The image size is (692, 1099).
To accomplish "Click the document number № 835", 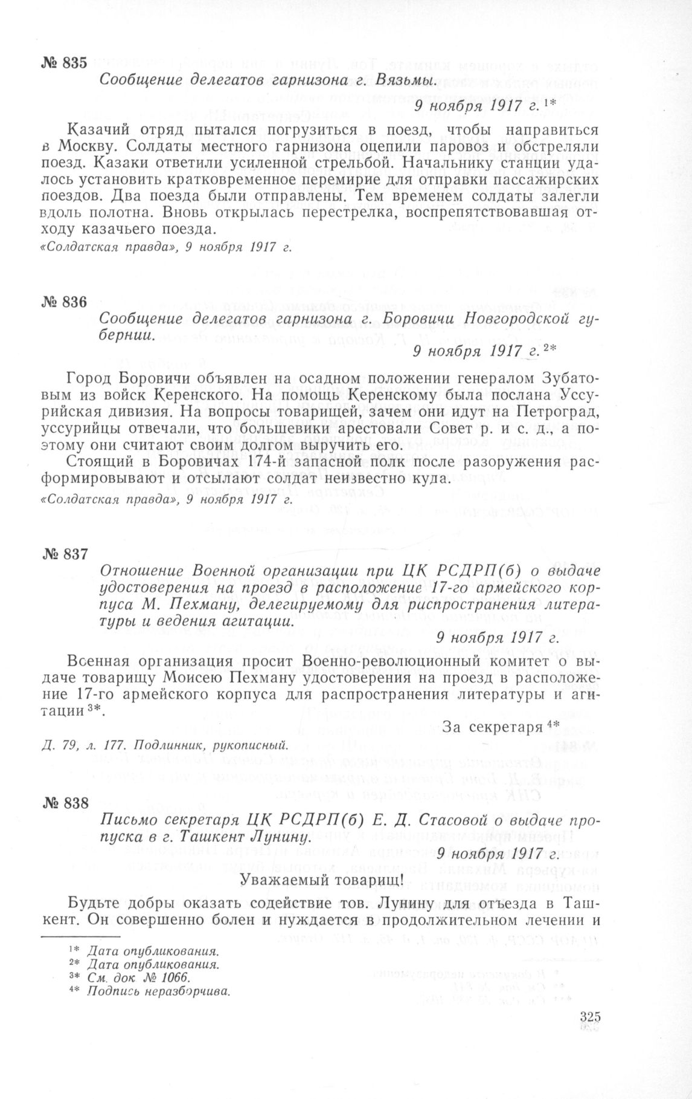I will tap(66, 63).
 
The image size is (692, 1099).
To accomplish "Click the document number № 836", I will tap(66, 302).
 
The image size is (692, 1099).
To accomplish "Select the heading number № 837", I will tap(66, 554).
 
